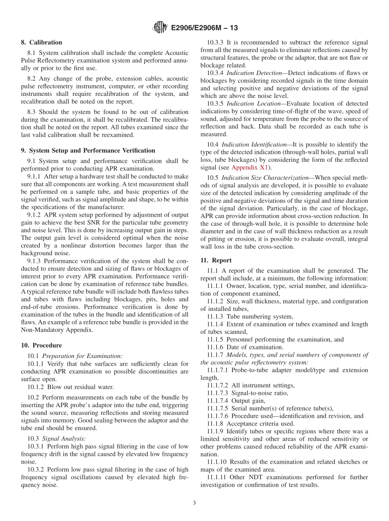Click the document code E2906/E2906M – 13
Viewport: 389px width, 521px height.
tap(204, 28)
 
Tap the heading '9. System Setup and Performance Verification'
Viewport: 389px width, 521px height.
tap(88, 150)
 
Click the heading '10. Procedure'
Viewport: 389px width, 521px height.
tap(41, 345)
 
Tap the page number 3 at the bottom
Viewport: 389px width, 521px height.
tap(194, 503)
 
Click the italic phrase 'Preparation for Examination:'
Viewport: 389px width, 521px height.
tap(82, 356)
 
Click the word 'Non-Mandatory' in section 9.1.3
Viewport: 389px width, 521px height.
tap(40, 329)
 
